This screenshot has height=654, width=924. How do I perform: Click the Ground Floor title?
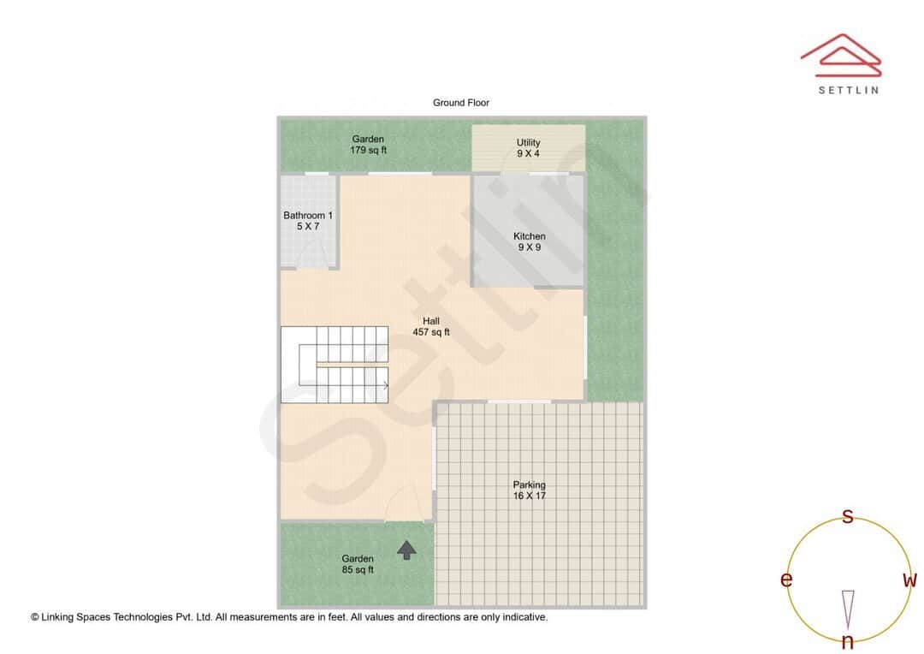coord(460,103)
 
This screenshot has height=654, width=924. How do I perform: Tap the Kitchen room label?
coord(529,241)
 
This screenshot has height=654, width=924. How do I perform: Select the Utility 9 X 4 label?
coord(528,148)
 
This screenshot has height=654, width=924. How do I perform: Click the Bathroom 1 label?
coord(308,221)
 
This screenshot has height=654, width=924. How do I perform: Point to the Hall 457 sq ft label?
coord(431,326)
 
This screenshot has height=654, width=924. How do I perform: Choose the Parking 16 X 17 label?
coord(529,490)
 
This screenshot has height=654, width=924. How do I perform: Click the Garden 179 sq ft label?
coord(368,144)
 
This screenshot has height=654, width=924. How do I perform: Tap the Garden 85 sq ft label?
coord(358,564)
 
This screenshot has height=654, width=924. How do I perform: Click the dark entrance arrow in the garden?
coord(407,550)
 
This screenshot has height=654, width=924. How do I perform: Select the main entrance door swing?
coord(404,503)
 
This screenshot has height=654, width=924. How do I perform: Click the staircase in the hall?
coord(335,365)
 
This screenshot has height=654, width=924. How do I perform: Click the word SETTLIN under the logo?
coord(848,90)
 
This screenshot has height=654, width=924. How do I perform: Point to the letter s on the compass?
coord(848,516)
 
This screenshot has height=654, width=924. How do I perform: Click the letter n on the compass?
coord(848,642)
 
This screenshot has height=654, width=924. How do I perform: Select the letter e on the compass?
coord(785,580)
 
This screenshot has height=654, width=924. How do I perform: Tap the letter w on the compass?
coord(909,580)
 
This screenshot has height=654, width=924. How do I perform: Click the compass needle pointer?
coord(848,608)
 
